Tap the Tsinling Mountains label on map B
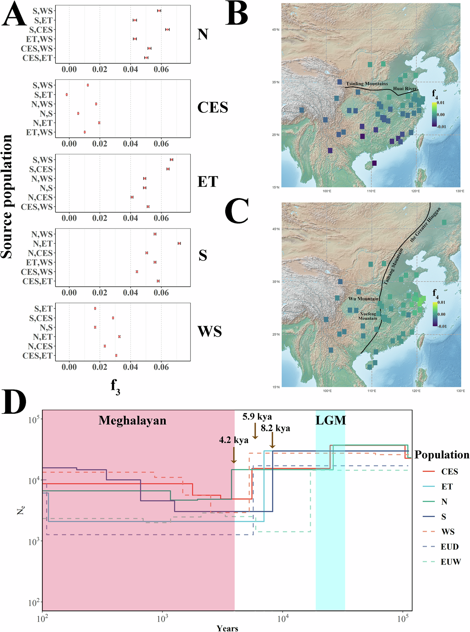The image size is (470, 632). pyautogui.click(x=367, y=84)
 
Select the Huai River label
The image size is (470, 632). pyautogui.click(x=405, y=88)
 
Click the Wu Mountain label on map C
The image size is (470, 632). pyautogui.click(x=363, y=298)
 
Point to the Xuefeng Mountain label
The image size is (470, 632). pyautogui.click(x=368, y=316)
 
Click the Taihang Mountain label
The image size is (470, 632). pyautogui.click(x=393, y=266)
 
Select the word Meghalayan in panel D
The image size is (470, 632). pyautogui.click(x=132, y=420)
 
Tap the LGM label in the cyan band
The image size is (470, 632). pyautogui.click(x=331, y=420)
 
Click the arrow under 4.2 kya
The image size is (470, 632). pyautogui.click(x=234, y=455)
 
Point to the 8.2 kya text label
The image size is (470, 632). pyautogui.click(x=276, y=428)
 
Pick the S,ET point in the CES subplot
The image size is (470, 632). pyautogui.click(x=67, y=95)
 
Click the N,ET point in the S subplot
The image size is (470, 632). pyautogui.click(x=179, y=243)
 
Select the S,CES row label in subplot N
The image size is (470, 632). pyautogui.click(x=41, y=29)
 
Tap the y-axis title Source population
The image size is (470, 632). pyautogui.click(x=6, y=197)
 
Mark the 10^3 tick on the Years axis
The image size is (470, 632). pyautogui.click(x=162, y=619)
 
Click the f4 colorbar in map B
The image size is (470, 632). pyautogui.click(x=434, y=114)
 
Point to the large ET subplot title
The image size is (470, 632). pyautogui.click(x=208, y=181)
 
